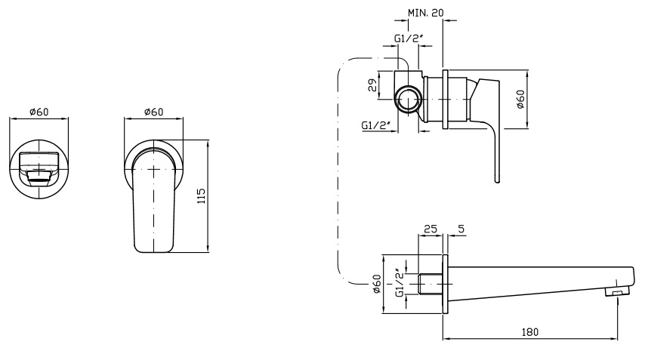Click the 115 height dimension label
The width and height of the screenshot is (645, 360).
201,196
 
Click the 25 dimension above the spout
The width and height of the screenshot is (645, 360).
431,228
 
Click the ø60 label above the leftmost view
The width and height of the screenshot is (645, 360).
39,112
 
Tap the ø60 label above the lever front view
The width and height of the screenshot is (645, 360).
153,112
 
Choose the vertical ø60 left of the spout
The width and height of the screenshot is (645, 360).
377,286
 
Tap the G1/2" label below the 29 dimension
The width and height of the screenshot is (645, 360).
375,125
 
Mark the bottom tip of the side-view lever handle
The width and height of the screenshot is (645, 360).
497,180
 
